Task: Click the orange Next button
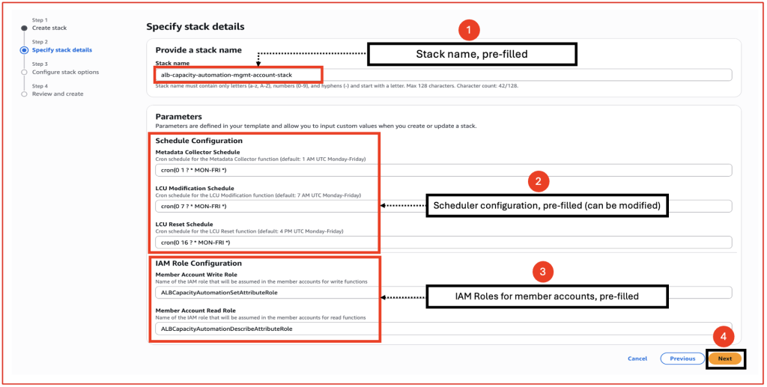pyautogui.click(x=724, y=359)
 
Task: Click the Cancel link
pyautogui.click(x=637, y=359)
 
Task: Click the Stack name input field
pyautogui.click(x=442, y=75)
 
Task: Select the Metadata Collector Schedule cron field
pyautogui.click(x=442, y=170)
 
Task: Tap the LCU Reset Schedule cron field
pyautogui.click(x=442, y=242)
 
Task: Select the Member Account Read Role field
pyautogui.click(x=442, y=329)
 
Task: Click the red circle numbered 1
pyautogui.click(x=468, y=30)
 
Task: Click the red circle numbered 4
pyautogui.click(x=723, y=336)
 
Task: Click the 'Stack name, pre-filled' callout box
pyautogui.click(x=471, y=54)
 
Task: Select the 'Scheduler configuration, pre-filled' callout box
pyautogui.click(x=547, y=206)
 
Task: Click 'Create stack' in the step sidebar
pyautogui.click(x=49, y=28)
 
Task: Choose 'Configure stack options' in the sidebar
pyautogui.click(x=65, y=72)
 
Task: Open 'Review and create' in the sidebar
pyautogui.click(x=58, y=94)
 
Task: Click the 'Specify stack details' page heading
pyautogui.click(x=195, y=27)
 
